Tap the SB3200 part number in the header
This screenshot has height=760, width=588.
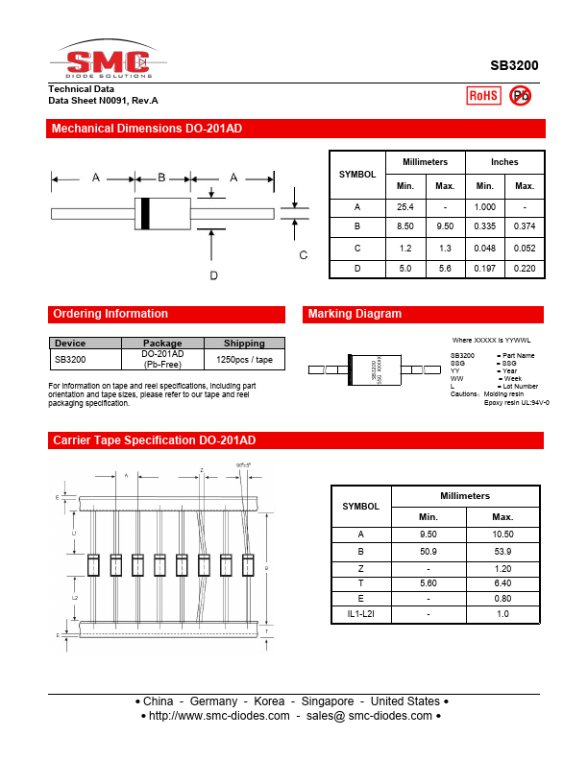tap(514, 65)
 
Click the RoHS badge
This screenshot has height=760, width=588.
tap(482, 95)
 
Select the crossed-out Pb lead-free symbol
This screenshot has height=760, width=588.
tap(520, 95)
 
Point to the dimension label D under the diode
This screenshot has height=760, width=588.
tap(213, 275)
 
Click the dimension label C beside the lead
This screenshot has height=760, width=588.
tap(303, 254)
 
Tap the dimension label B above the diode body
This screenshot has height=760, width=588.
tap(161, 177)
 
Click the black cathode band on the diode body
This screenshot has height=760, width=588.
tap(145, 212)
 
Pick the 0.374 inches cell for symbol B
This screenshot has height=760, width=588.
tap(525, 226)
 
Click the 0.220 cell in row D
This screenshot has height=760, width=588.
tap(525, 269)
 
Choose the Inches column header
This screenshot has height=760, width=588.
tap(504, 162)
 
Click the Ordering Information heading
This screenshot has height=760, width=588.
tap(110, 314)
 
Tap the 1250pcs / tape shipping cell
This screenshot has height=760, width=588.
tap(244, 359)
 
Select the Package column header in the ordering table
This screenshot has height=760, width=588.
tap(162, 343)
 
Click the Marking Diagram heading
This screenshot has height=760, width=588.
tap(355, 314)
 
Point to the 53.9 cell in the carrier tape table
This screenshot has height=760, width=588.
tap(502, 551)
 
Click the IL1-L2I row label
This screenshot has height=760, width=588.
tap(361, 612)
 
